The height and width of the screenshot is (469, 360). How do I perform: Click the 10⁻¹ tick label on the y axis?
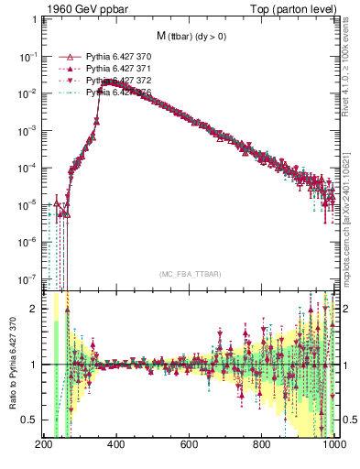coord(28,56)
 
